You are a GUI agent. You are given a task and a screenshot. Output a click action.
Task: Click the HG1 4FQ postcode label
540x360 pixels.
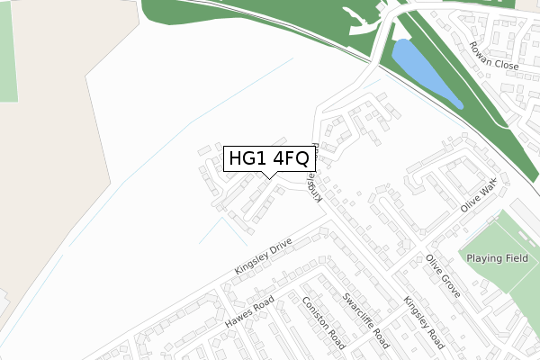tap(269, 158)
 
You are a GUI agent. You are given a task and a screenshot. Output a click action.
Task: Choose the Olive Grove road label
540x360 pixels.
tap(444, 276)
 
